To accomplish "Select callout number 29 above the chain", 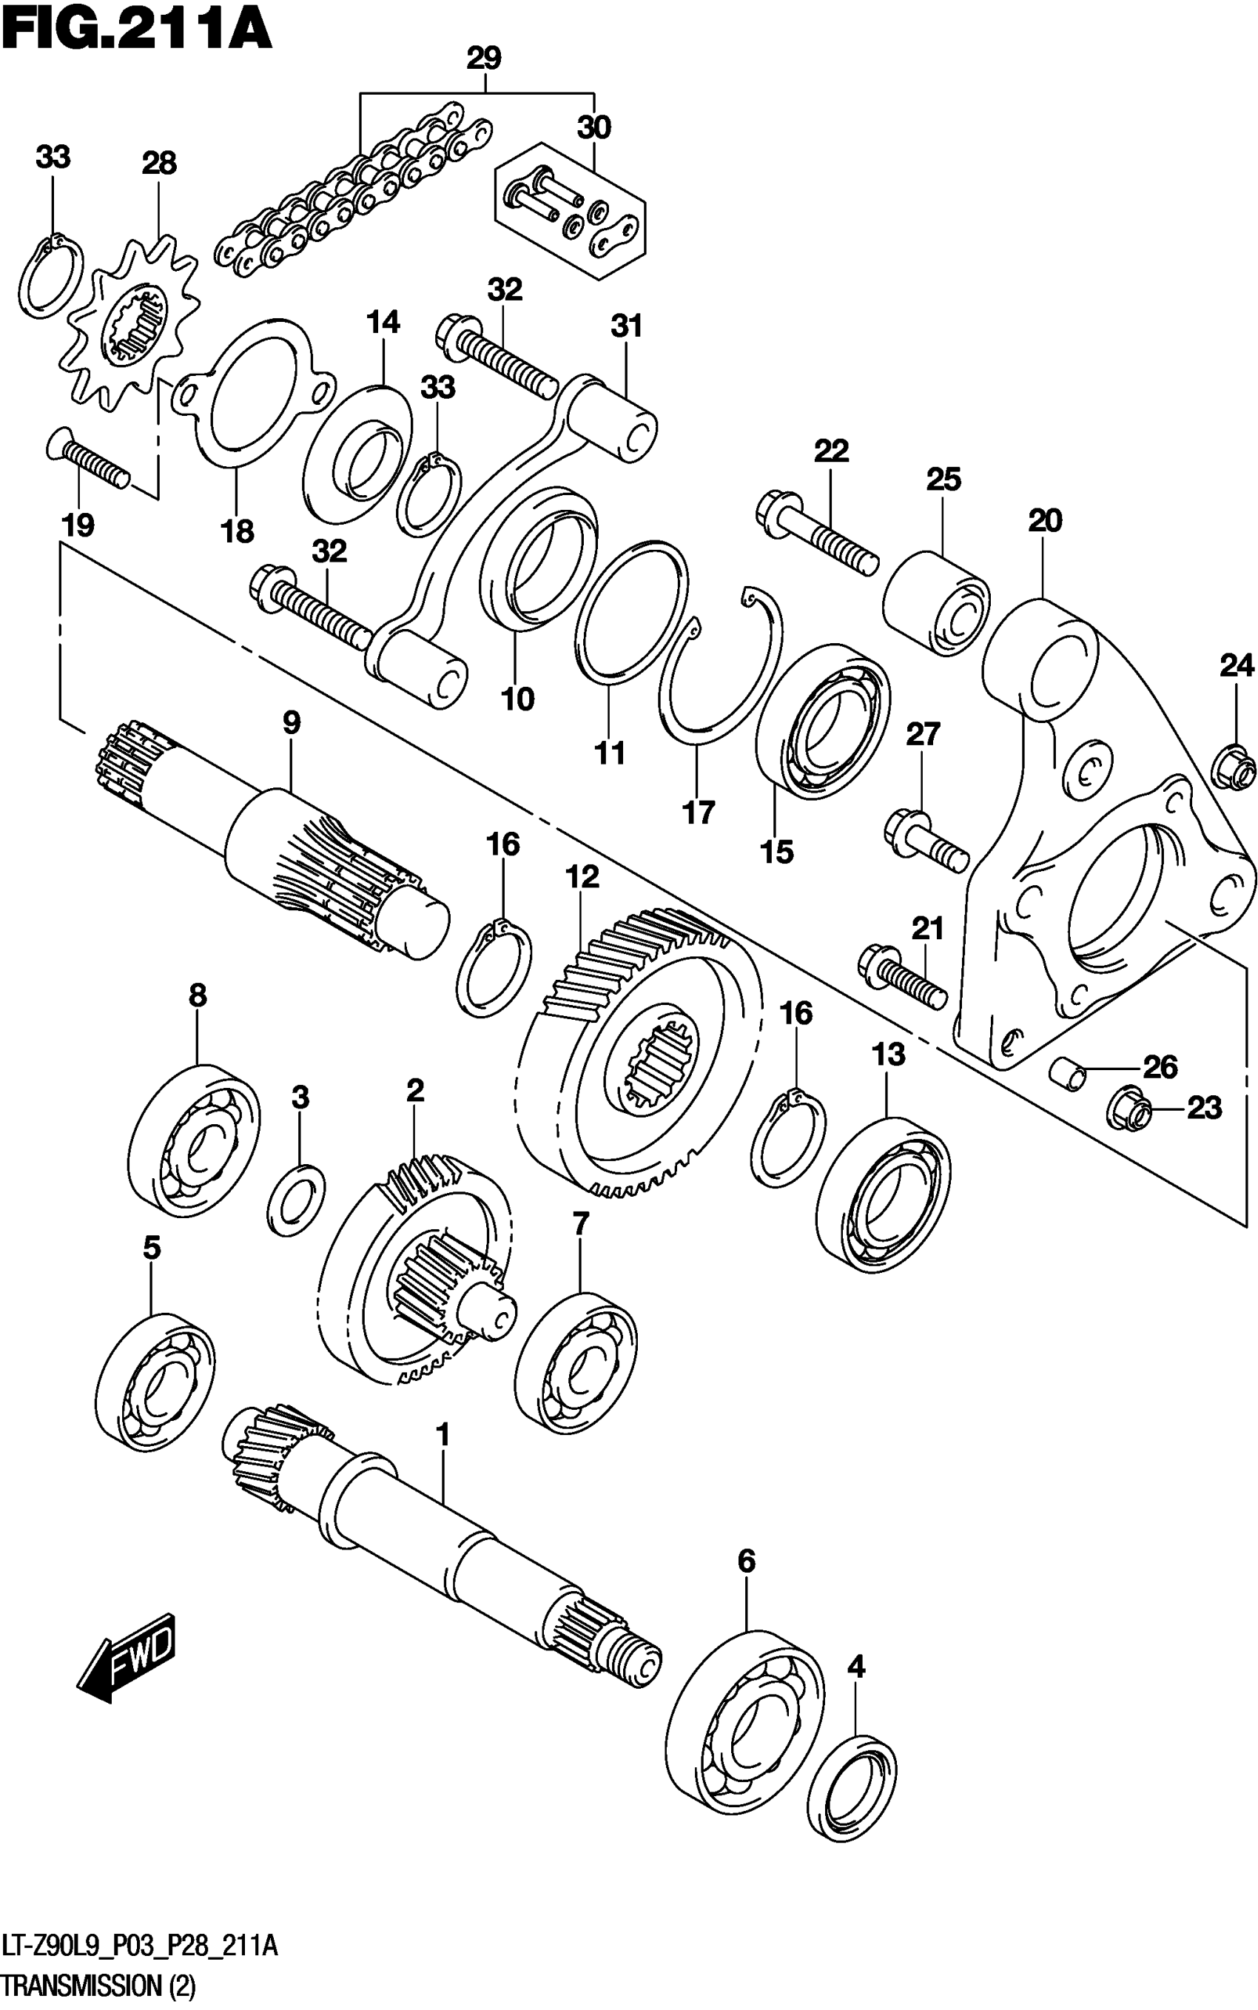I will [483, 59].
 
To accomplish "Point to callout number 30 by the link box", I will [594, 127].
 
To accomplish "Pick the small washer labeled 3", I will [296, 1199].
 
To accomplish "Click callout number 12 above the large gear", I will [582, 877].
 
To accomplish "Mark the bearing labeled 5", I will [155, 1382].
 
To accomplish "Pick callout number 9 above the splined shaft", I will [292, 723].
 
